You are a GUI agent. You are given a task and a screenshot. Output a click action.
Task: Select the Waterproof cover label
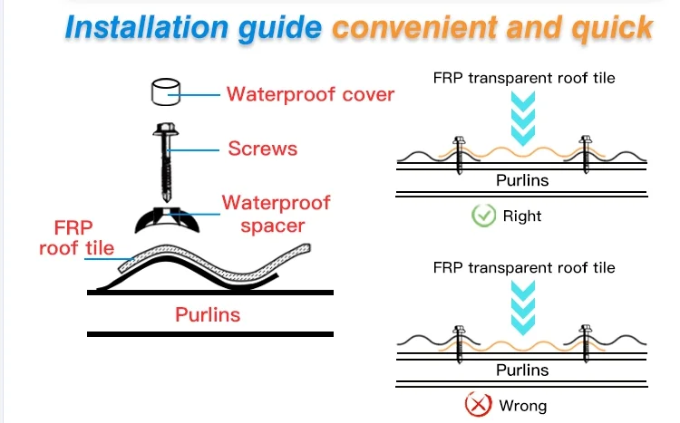pyautogui.click(x=310, y=94)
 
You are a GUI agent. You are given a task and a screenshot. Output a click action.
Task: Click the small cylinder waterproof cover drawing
pyautogui.click(x=165, y=92)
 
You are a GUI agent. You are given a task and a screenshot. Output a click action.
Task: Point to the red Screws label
pyautogui.click(x=263, y=148)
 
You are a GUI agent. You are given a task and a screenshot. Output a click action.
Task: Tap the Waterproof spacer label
pyautogui.click(x=276, y=213)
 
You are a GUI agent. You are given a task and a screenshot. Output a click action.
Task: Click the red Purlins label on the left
pyautogui.click(x=208, y=315)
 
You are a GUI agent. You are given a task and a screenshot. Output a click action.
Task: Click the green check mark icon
pyautogui.click(x=483, y=216)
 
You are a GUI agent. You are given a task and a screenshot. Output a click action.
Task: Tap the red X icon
pyautogui.click(x=478, y=405)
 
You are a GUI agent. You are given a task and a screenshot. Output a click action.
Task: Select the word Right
pyautogui.click(x=521, y=216)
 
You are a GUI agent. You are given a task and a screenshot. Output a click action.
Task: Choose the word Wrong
pyautogui.click(x=522, y=405)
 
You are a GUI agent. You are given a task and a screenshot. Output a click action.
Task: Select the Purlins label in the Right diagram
pyautogui.click(x=522, y=180)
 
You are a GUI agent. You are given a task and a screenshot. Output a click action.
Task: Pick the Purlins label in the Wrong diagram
pyautogui.click(x=522, y=370)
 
